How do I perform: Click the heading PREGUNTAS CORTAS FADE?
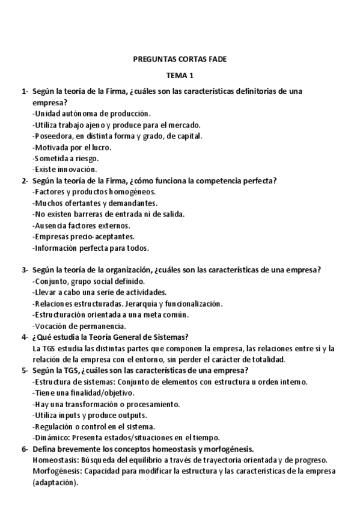[180, 59]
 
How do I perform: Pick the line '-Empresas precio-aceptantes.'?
[83, 237]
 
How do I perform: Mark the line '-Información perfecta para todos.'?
[90, 248]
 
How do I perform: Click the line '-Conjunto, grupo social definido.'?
[88, 281]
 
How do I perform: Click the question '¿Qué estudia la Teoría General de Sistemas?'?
[111, 337]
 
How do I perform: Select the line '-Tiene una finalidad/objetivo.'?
[84, 393]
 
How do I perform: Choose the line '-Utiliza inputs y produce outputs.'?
[89, 416]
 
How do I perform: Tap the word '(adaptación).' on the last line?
[55, 482]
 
